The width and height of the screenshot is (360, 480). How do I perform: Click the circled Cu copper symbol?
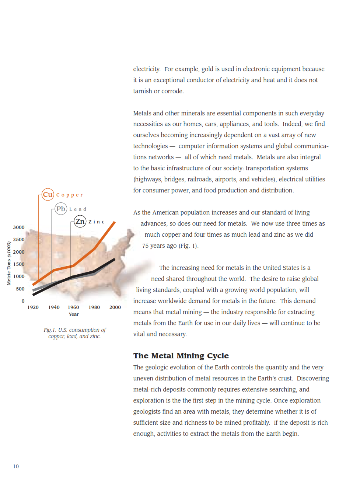point(48,194)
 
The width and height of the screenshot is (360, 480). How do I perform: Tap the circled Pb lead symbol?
point(61,209)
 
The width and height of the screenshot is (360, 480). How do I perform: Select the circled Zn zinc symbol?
point(80,222)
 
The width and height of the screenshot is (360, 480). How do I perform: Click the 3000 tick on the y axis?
point(19,227)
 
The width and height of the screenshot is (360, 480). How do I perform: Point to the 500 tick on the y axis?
point(20,289)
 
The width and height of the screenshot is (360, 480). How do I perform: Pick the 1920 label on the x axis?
point(33,307)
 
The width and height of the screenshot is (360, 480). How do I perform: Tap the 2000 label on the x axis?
point(115,307)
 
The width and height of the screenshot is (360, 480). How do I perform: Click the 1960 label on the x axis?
point(73,307)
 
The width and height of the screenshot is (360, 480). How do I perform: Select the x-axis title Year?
point(74,314)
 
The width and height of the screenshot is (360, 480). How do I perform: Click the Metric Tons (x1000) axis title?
point(9,263)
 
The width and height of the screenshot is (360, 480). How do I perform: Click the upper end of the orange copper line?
point(114,223)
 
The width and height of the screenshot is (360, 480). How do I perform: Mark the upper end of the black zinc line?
point(114,260)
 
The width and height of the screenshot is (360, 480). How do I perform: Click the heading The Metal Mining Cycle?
point(181,356)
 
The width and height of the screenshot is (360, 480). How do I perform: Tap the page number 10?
point(16,466)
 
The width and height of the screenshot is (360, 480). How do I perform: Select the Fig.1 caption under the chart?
point(74,333)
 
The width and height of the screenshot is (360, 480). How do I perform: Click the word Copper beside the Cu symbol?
point(70,195)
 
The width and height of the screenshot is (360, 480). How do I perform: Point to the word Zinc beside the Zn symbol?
point(97,222)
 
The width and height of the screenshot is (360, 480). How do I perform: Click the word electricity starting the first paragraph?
point(146,69)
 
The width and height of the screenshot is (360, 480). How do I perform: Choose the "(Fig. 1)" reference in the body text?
point(188,246)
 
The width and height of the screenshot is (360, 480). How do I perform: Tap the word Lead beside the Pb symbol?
point(78,209)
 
